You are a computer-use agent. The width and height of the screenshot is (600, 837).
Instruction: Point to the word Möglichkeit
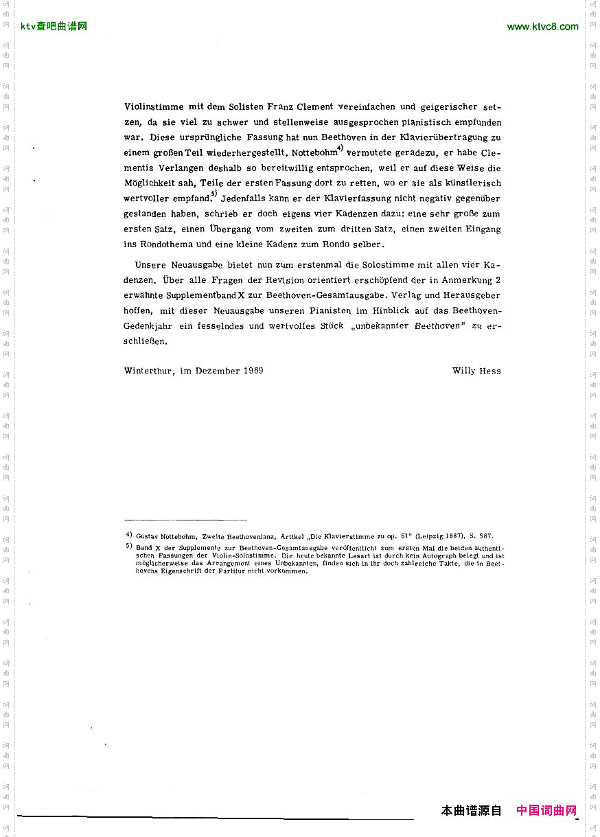[x=150, y=183]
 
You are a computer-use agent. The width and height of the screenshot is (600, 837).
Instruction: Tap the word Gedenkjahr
[x=148, y=326]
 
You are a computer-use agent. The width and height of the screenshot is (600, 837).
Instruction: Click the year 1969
[x=252, y=371]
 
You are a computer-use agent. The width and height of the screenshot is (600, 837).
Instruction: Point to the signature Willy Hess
[x=476, y=371]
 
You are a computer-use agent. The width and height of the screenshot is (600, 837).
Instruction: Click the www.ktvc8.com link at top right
[x=542, y=27]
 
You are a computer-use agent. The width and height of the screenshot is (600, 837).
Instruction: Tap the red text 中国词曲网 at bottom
[x=546, y=811]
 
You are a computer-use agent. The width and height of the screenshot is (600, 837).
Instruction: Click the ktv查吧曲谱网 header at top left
[x=54, y=27]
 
